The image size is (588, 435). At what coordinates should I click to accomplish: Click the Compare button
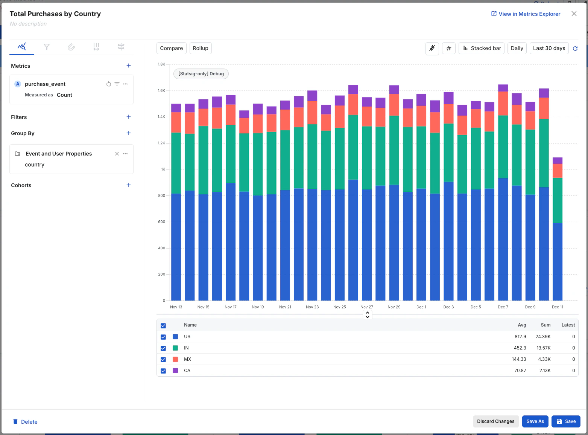171,48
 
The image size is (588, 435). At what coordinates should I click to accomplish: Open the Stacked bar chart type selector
482,48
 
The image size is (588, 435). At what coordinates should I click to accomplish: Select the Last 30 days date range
549,48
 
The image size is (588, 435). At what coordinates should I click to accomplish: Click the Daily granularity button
517,48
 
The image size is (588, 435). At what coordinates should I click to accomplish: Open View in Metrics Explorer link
526,14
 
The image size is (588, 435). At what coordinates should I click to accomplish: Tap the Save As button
535,421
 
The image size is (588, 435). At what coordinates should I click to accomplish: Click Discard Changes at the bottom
495,421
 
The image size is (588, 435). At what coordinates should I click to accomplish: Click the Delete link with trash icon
26,422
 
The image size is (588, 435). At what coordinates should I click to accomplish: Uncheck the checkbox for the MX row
163,360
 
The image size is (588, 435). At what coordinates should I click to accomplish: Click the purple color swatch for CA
175,371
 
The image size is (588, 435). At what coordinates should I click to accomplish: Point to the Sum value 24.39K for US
543,337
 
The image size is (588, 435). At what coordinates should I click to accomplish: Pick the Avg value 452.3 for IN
520,348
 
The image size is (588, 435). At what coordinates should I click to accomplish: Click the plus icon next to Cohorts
129,185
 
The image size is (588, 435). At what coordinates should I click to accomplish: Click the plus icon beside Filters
129,117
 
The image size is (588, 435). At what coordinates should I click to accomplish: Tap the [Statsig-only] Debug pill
201,74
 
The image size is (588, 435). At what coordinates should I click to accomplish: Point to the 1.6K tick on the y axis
161,91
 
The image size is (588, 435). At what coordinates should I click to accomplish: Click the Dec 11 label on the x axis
558,307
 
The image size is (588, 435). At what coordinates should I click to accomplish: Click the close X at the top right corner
574,14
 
